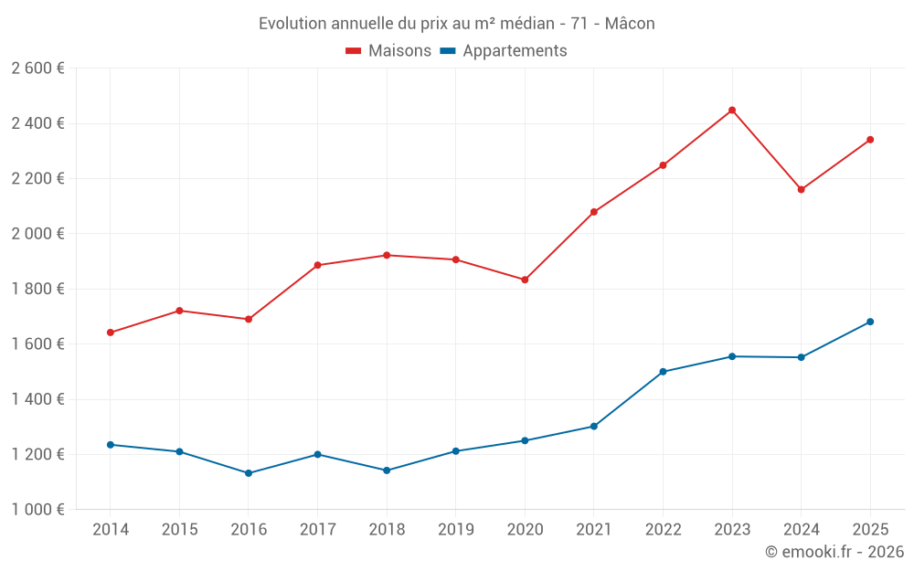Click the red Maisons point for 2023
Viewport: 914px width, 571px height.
[x=732, y=111]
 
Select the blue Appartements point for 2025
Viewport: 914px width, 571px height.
[x=870, y=322]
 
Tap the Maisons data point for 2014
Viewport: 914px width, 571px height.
[x=111, y=333]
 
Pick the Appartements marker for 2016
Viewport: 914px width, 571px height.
[x=249, y=473]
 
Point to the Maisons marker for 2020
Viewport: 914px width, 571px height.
[x=525, y=280]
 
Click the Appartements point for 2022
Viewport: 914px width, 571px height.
[x=663, y=372]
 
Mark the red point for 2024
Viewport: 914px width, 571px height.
[x=801, y=190]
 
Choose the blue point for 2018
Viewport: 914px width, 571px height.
[x=387, y=471]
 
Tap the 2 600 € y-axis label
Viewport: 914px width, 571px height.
[x=37, y=69]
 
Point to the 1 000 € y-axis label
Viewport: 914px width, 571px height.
[x=37, y=510]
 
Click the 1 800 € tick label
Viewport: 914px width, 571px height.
[x=37, y=289]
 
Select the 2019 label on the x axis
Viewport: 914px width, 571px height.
[x=455, y=529]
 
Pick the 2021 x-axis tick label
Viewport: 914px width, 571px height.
[x=593, y=529]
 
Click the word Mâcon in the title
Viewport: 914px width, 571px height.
[x=630, y=24]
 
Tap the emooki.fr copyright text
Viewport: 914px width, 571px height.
[x=834, y=552]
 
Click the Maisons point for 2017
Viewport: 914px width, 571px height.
[x=317, y=265]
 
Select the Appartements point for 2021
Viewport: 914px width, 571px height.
[x=594, y=427]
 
